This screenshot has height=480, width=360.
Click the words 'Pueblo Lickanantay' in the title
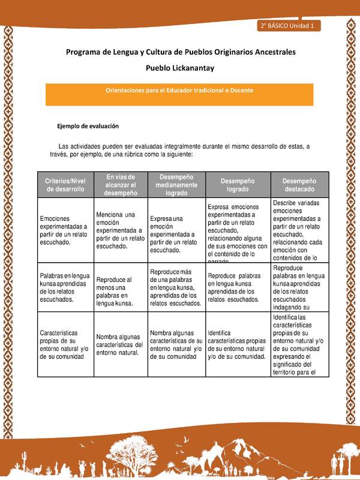click(180, 68)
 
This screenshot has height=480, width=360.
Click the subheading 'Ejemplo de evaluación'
click(88, 127)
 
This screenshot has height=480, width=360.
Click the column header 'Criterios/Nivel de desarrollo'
click(65, 185)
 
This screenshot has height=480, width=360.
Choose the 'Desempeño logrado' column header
click(238, 185)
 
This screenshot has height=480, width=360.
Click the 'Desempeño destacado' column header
click(299, 185)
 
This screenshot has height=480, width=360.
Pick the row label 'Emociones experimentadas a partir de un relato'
click(64, 230)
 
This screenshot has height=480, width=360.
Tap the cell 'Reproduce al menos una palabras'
click(117, 291)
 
